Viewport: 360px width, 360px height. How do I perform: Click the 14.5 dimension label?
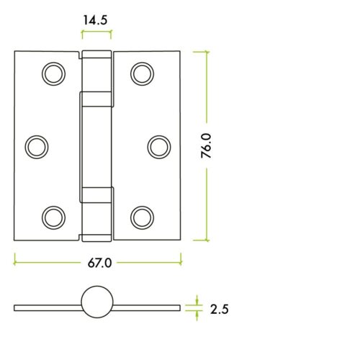[96, 21]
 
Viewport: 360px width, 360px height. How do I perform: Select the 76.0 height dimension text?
[206, 145]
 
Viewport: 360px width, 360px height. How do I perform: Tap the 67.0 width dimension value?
[99, 263]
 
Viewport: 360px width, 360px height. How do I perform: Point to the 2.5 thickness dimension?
[220, 310]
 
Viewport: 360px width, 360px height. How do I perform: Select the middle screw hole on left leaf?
[36, 146]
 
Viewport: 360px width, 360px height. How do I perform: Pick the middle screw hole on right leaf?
[158, 146]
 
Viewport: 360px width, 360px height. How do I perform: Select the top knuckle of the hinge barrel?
[96, 72]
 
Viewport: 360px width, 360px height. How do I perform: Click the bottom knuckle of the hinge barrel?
[96, 213]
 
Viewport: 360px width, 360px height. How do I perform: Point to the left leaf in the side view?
[47, 307]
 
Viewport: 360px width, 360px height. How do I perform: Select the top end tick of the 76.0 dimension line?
[206, 52]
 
